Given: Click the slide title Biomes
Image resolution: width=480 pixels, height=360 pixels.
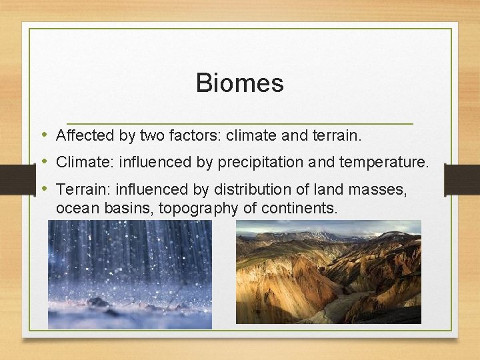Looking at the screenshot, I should [239, 83].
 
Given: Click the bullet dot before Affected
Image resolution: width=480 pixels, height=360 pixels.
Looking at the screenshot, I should [45, 135].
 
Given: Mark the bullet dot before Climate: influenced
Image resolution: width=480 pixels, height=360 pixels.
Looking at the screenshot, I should [45, 161].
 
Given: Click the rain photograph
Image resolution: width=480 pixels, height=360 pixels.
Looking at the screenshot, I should [129, 274].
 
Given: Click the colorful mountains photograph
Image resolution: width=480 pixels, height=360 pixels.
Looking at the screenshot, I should [328, 271].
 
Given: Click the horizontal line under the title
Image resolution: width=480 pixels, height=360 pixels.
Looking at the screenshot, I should [239, 123].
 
